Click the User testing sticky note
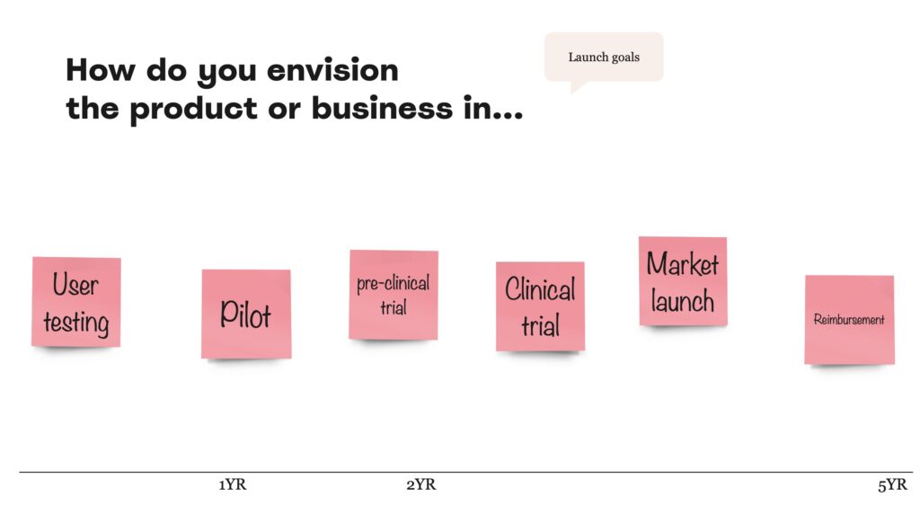click(x=76, y=302)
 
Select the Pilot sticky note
click(x=246, y=314)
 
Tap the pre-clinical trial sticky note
click(x=394, y=295)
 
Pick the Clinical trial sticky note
click(x=540, y=306)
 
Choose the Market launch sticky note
click(x=683, y=281)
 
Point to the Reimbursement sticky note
click(x=850, y=320)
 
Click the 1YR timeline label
click(x=233, y=484)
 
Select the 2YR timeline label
click(x=421, y=484)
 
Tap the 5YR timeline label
click(x=892, y=484)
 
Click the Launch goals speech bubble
click(x=604, y=58)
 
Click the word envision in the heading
click(x=332, y=70)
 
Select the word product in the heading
click(x=194, y=109)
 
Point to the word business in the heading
click(x=382, y=108)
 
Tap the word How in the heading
click(x=101, y=70)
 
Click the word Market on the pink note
click(x=683, y=264)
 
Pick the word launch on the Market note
click(x=683, y=301)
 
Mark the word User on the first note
click(x=75, y=285)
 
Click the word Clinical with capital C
click(x=540, y=289)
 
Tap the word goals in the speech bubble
click(x=625, y=58)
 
